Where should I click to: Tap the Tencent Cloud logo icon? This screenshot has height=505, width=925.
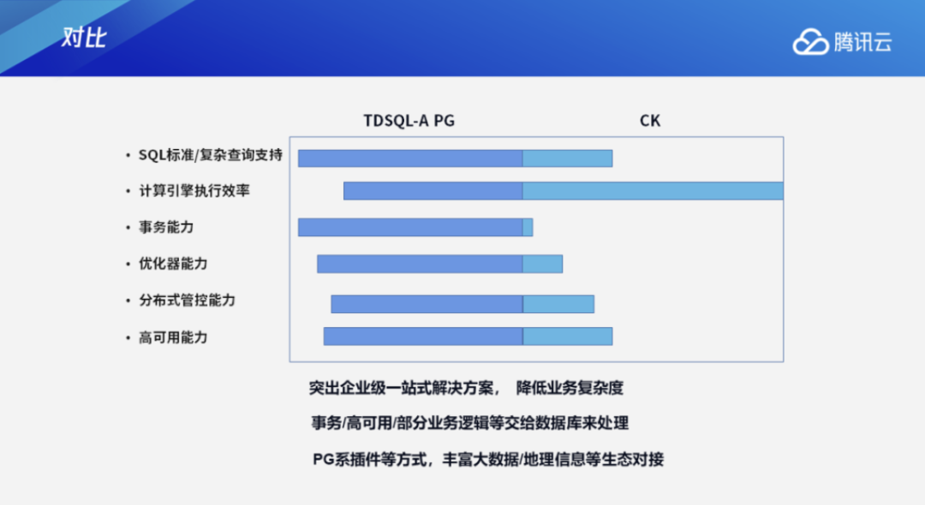[809, 41]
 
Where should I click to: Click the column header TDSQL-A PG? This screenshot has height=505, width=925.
[409, 121]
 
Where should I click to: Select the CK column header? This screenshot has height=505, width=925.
[650, 121]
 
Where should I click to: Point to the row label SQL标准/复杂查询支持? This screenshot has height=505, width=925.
[198, 155]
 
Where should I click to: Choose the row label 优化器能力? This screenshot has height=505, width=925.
[172, 264]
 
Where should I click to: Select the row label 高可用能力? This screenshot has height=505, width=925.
[172, 337]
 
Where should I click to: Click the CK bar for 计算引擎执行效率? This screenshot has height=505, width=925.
[653, 191]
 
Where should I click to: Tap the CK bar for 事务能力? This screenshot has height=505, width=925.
[528, 227]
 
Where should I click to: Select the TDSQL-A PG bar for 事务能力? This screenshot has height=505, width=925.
[410, 227]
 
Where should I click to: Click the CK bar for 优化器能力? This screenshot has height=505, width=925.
[542, 264]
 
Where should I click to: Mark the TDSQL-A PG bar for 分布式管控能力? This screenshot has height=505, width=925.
[427, 304]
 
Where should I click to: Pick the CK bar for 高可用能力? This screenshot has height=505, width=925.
[567, 336]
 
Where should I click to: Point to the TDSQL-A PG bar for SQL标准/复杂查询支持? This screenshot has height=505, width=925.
[410, 157]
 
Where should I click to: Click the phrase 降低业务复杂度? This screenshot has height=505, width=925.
[570, 388]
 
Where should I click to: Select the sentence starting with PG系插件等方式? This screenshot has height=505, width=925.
[488, 459]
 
